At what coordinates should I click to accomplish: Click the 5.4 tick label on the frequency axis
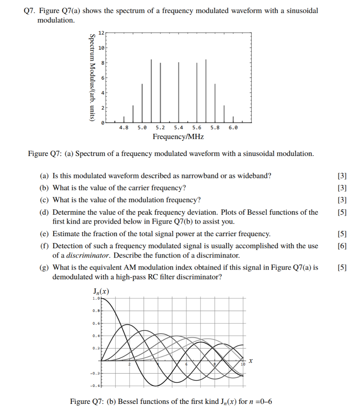[179, 128]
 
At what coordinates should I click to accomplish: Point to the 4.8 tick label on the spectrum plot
[124, 128]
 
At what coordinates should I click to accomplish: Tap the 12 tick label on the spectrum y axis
[102, 32]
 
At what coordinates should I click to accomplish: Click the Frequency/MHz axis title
[178, 137]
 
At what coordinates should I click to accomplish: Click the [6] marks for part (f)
[341, 246]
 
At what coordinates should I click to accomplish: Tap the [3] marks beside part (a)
[341, 176]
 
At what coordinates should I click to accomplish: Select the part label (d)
[45, 212]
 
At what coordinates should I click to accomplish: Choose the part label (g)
[45, 267]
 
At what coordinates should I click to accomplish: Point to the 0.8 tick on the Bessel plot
[96, 310]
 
